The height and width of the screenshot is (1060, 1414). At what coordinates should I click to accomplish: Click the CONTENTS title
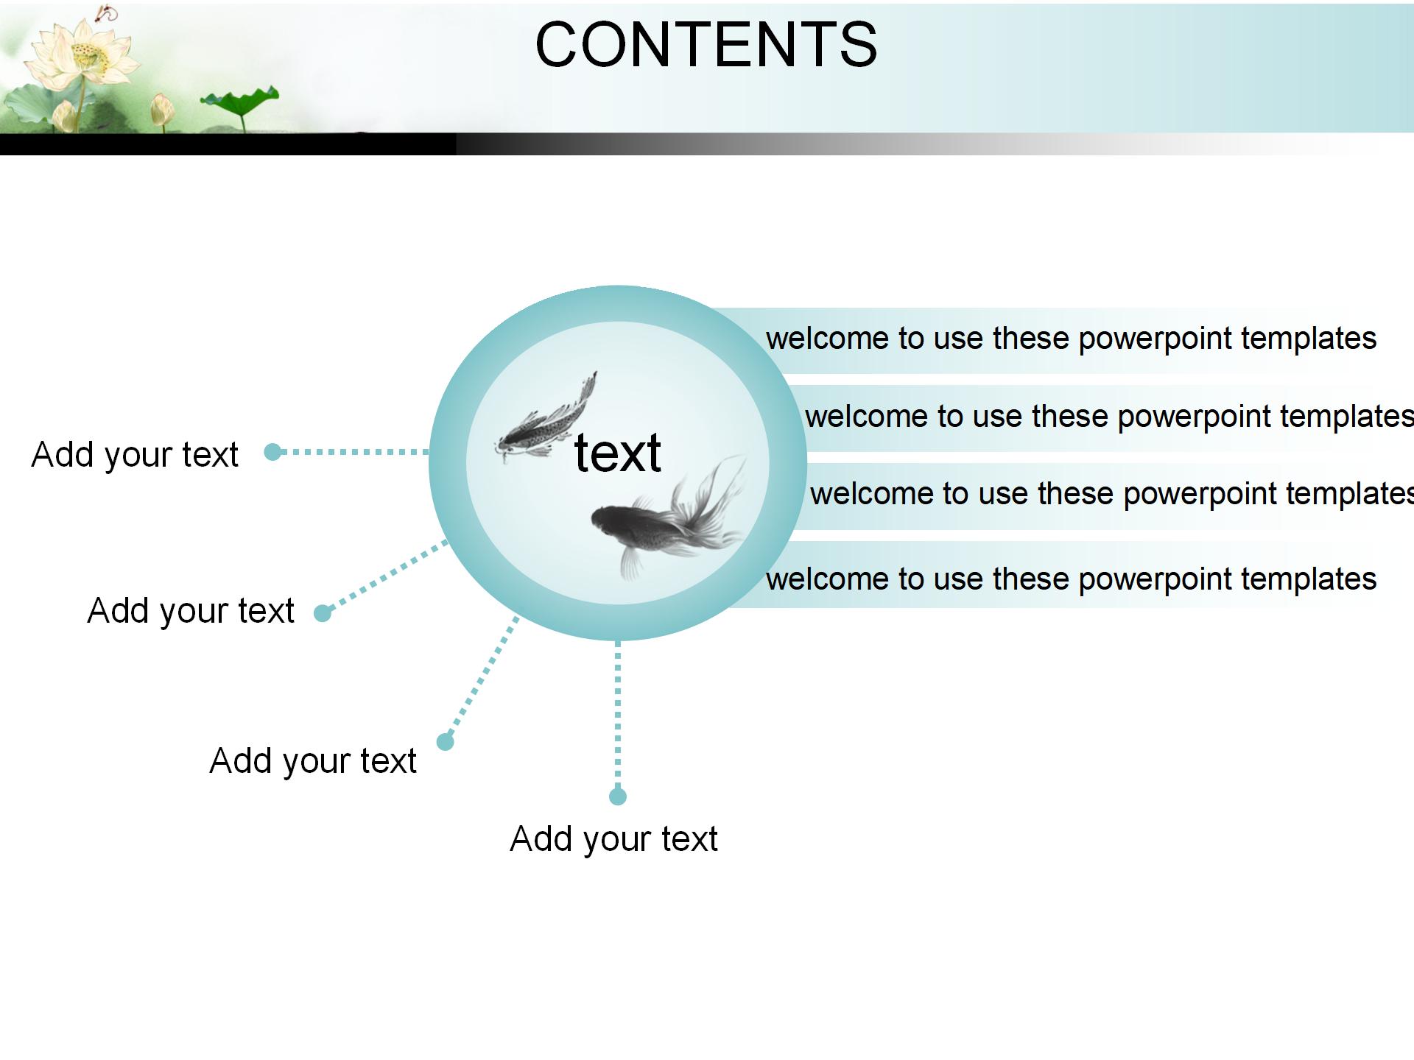point(706,44)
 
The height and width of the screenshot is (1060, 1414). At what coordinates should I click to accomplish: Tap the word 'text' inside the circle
point(617,452)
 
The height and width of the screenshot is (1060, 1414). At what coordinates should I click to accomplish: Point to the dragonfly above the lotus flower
point(108,13)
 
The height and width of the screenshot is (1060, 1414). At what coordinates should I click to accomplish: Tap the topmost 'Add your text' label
point(135,454)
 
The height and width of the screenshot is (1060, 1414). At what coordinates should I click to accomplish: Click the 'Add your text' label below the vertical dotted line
point(613,838)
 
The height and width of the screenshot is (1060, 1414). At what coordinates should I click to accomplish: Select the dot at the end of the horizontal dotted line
point(272,452)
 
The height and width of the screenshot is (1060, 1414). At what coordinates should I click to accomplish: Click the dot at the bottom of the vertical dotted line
point(618,796)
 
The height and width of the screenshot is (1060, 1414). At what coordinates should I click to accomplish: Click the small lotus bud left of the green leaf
point(161,110)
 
